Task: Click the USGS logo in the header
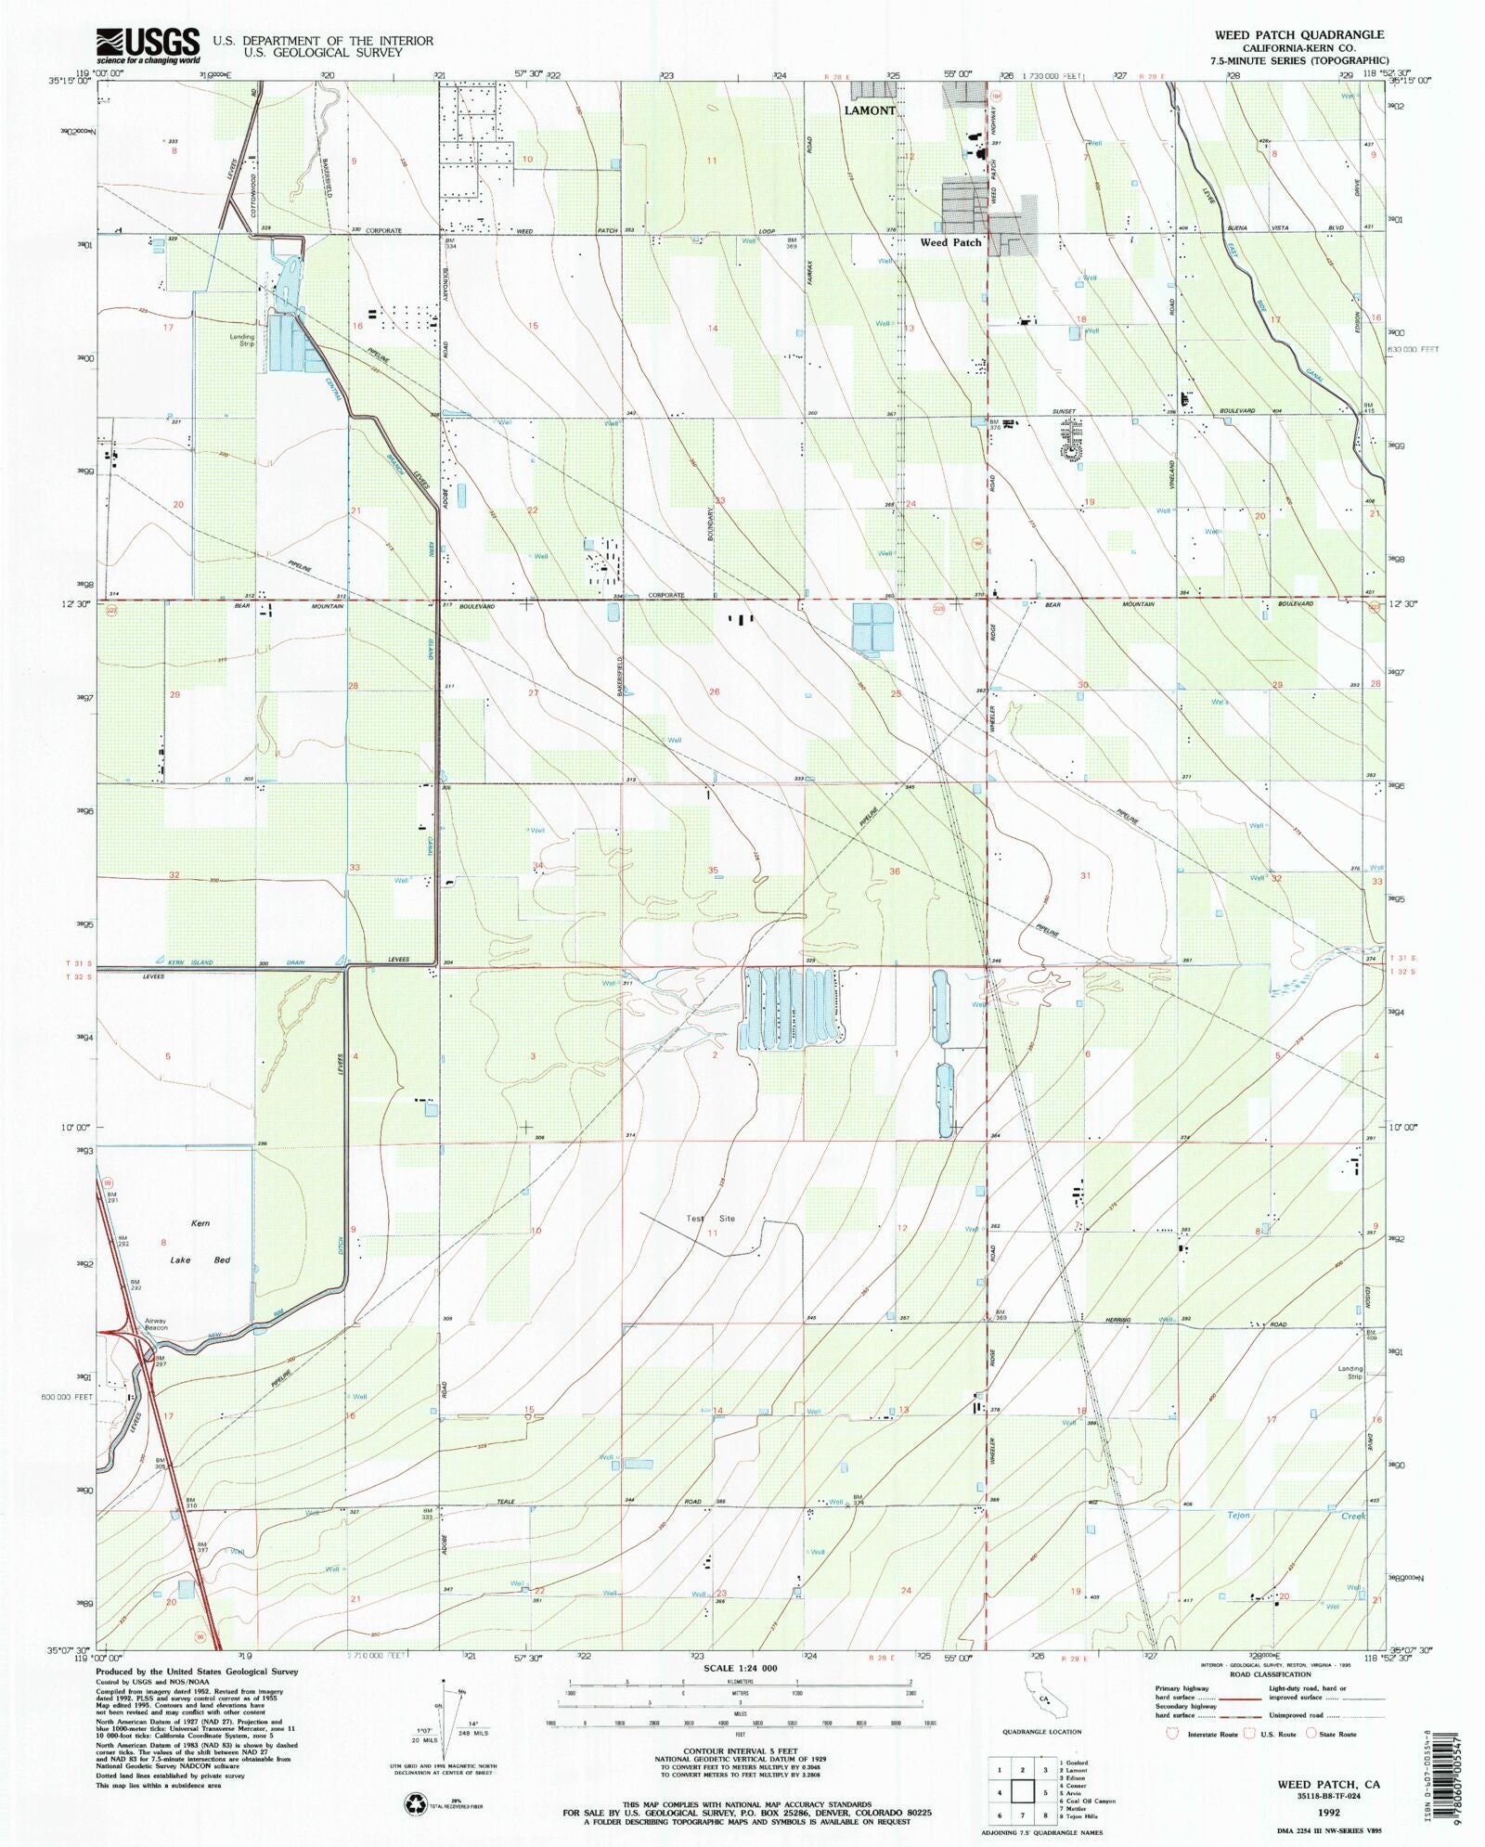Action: (x=148, y=45)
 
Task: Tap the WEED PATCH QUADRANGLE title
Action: (x=1298, y=34)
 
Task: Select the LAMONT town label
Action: (x=870, y=110)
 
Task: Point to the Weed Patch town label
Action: (x=950, y=242)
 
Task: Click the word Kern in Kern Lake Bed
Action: (x=200, y=1223)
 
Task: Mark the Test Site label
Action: (x=710, y=1219)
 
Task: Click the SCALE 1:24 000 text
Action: (x=740, y=1668)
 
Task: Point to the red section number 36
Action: (x=895, y=872)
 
